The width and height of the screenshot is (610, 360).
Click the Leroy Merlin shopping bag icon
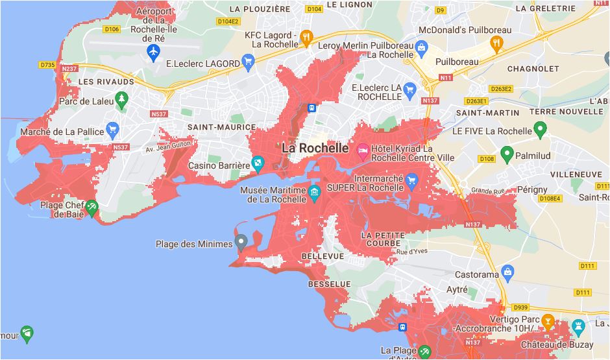pyautogui.click(x=422, y=46)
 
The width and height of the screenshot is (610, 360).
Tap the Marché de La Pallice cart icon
pyautogui.click(x=113, y=130)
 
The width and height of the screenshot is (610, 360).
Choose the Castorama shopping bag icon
pyautogui.click(x=508, y=270)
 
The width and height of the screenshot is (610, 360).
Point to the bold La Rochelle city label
pyautogui.click(x=315, y=149)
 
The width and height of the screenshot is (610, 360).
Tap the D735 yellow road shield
pyautogui.click(x=47, y=65)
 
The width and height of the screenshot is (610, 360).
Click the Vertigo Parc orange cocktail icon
pyautogui.click(x=548, y=320)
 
